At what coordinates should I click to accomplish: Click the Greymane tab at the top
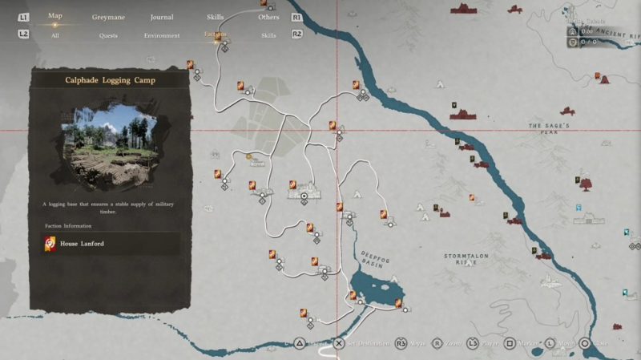[107, 17]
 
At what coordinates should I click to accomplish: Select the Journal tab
[161, 17]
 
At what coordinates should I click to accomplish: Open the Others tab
[269, 17]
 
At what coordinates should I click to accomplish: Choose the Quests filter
[108, 35]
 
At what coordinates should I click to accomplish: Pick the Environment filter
[161, 35]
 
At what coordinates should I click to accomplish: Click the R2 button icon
[297, 34]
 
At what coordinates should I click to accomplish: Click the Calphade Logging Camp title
[111, 80]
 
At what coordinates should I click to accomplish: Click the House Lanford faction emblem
[50, 243]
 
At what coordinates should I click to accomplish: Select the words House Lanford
[82, 243]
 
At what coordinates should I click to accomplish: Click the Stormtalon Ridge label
[466, 258]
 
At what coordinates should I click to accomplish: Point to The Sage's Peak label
[548, 130]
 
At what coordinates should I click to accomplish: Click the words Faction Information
[68, 226]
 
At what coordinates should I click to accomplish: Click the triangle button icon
[299, 343]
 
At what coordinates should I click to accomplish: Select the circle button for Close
[585, 343]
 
